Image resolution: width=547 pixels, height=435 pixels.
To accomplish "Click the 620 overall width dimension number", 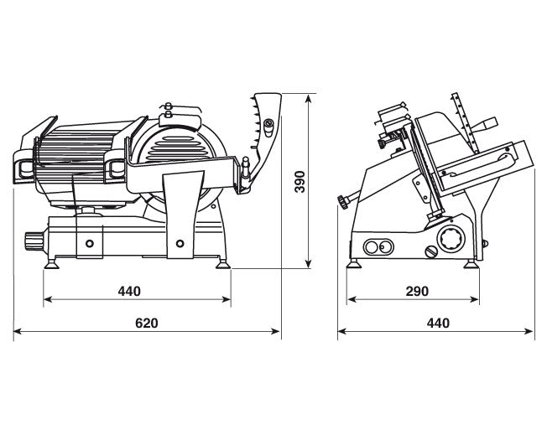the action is tap(147, 324).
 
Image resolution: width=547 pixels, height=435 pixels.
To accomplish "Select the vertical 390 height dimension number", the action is tap(300, 182).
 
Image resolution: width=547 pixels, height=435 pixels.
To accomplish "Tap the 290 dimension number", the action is tap(417, 291).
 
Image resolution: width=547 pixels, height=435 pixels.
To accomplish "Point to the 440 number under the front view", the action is tap(129, 291).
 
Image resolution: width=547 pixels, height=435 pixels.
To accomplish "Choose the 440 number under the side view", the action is tap(438, 324).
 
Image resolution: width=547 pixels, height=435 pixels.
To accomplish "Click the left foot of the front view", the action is tap(52, 263).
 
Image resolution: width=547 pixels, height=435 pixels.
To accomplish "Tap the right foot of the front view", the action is tap(222, 263).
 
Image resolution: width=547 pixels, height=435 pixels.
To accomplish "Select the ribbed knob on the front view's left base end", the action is tap(33, 241).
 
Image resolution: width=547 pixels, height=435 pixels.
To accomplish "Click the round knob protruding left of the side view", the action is tap(342, 202).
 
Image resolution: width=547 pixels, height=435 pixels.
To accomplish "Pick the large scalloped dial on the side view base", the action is tap(451, 240).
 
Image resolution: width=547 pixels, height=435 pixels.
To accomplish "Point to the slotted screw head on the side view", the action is tap(431, 251).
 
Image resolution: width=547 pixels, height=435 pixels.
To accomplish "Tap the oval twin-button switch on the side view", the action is tap(378, 247).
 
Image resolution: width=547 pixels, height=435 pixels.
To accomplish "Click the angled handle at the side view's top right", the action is tap(485, 125).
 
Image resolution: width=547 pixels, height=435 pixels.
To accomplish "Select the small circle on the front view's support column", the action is tap(180, 243).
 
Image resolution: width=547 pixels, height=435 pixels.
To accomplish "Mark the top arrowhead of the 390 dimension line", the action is tap(308, 100).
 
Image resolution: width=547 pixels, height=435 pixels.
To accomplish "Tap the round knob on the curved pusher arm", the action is tap(269, 123).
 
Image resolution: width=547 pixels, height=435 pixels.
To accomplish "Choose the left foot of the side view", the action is tap(354, 264).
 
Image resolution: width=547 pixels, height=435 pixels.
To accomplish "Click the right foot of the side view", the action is tap(471, 264).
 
